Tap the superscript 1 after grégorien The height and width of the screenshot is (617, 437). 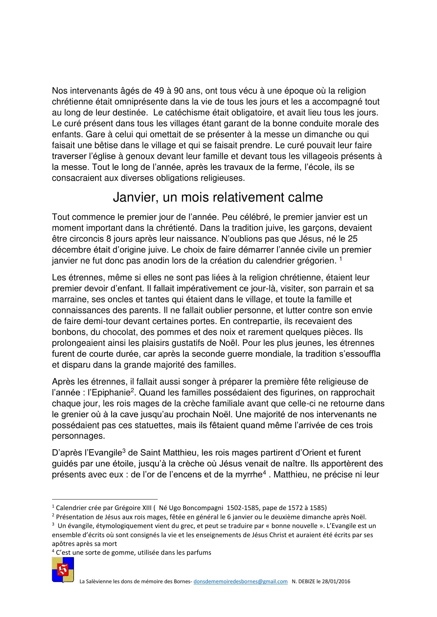click(x=341, y=259)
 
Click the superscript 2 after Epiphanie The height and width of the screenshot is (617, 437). click(x=132, y=390)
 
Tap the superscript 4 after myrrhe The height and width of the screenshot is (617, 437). click(x=264, y=472)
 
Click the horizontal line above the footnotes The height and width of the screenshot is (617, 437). click(x=105, y=499)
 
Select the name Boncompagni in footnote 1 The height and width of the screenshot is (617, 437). click(x=203, y=508)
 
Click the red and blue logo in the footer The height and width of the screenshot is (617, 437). click(x=63, y=570)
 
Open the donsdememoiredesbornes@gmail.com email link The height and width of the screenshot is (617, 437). click(x=241, y=581)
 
